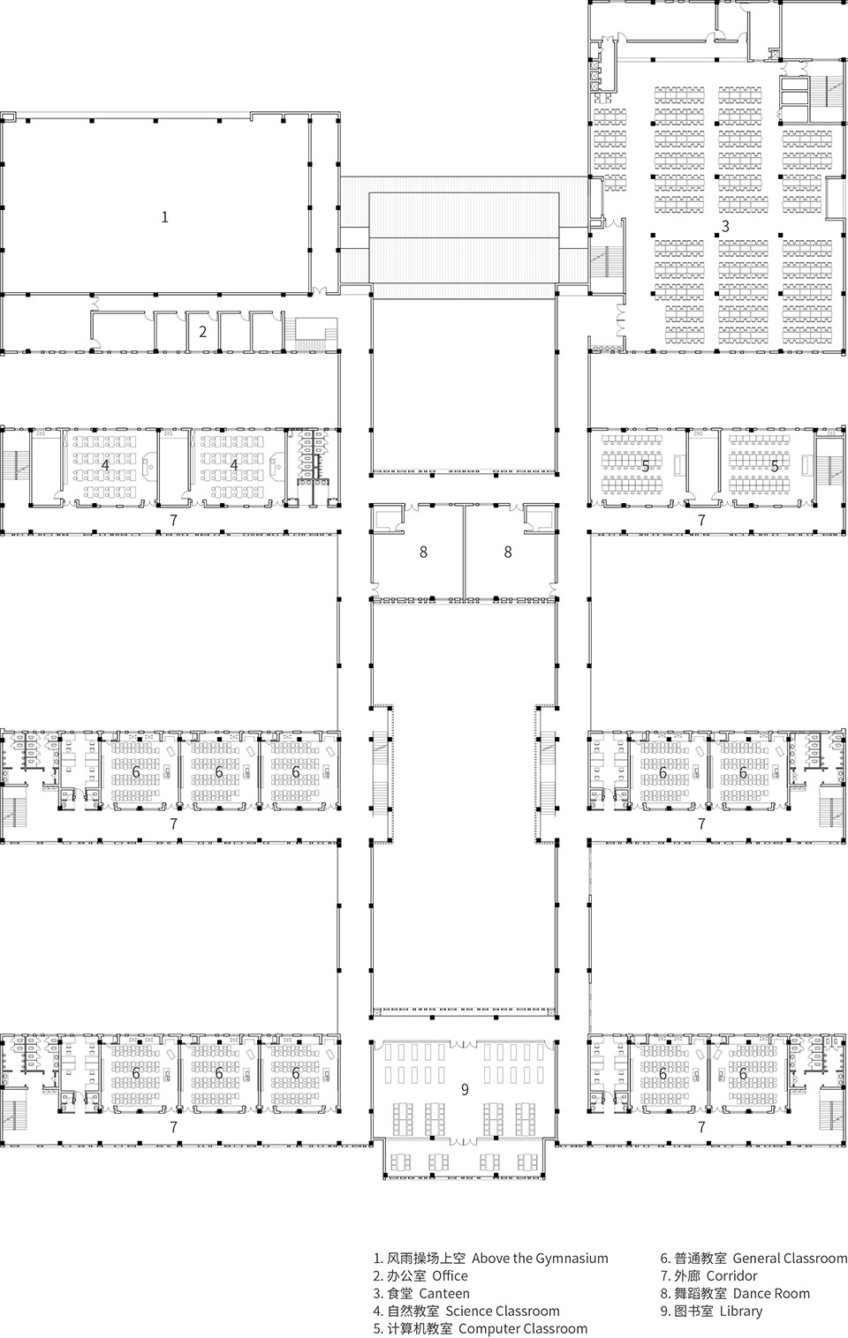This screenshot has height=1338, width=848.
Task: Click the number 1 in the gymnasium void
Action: (x=164, y=216)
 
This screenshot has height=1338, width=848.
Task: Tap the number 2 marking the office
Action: (x=202, y=332)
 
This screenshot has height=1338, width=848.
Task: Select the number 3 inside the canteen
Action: (x=725, y=226)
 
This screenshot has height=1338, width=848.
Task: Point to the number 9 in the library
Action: (x=465, y=1090)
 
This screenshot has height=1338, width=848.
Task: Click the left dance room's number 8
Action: (x=423, y=552)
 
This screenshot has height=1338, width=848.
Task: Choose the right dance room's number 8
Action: (x=507, y=552)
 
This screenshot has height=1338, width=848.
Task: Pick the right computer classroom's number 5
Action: (x=775, y=465)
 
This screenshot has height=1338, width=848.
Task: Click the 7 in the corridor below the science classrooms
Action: (x=173, y=520)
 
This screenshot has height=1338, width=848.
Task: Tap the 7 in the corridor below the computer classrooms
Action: (x=701, y=520)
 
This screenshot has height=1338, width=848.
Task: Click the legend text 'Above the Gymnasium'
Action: (x=540, y=1258)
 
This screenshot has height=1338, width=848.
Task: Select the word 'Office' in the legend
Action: (x=450, y=1275)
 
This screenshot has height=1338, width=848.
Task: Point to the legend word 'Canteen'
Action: (x=444, y=1293)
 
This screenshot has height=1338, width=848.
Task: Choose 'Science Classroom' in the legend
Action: (x=502, y=1311)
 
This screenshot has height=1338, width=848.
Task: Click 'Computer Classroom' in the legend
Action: (x=523, y=1328)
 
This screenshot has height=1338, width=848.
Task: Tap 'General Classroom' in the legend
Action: (x=790, y=1258)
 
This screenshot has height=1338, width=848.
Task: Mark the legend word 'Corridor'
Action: (x=731, y=1275)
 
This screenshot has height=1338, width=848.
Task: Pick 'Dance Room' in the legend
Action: (x=770, y=1293)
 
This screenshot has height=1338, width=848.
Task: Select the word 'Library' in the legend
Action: (x=740, y=1311)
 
